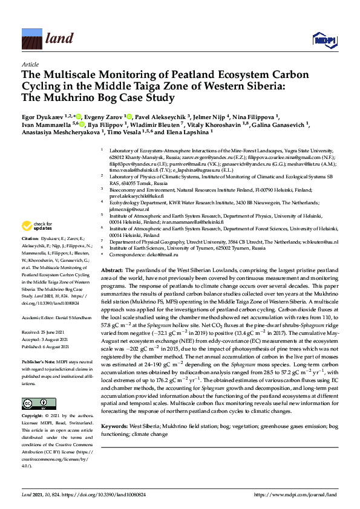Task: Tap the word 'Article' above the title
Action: coord(30,64)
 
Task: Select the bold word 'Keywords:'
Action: coord(116,427)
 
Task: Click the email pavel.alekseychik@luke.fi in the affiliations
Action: coord(136,196)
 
